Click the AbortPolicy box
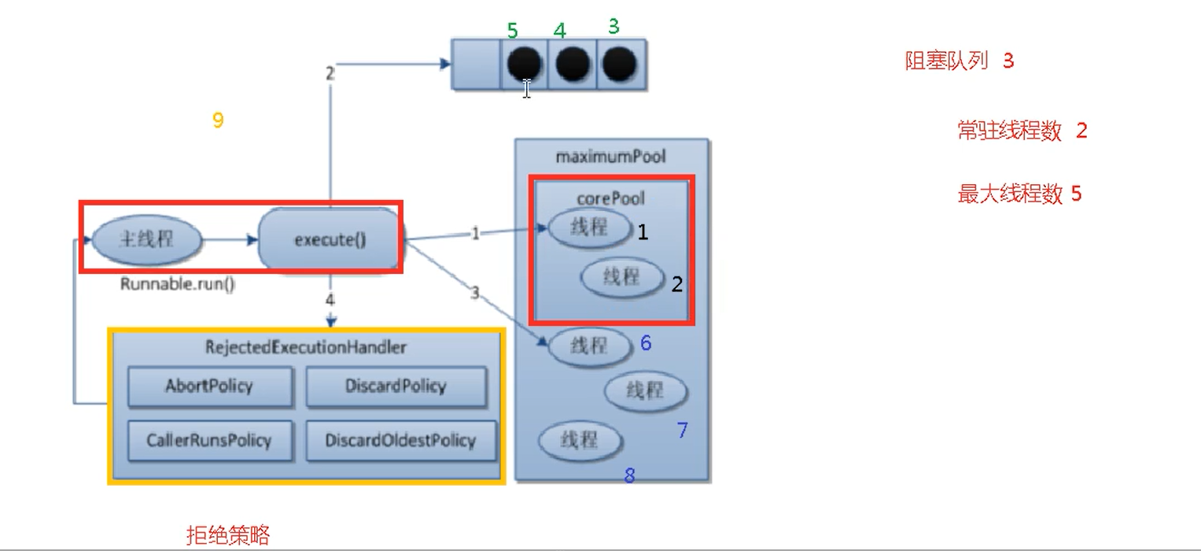209,386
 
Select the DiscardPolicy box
396,386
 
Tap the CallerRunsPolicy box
209,439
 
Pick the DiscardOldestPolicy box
400,439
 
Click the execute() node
330,239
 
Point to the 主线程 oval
146,239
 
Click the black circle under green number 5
524,63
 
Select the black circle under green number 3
621,63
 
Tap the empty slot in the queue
476,63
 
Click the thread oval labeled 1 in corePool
589,227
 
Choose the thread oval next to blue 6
589,346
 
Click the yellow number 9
218,120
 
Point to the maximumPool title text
610,156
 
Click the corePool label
610,198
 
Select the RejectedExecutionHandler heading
305,346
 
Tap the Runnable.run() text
177,284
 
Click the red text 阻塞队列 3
959,61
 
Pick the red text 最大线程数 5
1019,194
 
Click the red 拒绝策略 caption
228,536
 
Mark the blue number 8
629,475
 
